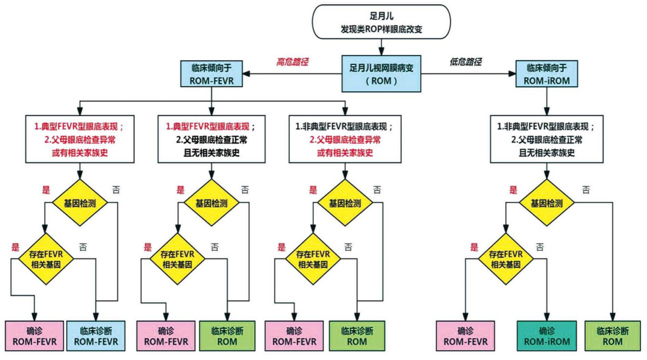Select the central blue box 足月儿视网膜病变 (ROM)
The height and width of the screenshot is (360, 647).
(x=381, y=73)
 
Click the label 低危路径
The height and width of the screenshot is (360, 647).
(x=466, y=62)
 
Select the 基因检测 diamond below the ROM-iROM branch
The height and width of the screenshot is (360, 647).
(x=547, y=203)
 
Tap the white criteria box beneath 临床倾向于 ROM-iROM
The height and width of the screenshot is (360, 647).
(x=547, y=138)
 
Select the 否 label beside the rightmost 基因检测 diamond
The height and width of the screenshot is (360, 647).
(x=586, y=190)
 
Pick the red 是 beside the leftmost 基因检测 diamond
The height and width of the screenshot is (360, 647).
(x=46, y=190)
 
